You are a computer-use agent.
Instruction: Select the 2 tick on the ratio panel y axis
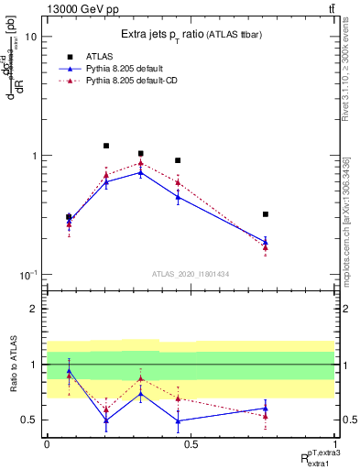[37, 310]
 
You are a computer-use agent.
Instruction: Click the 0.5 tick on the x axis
[191, 443]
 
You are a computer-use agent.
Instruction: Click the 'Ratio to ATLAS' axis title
[12, 364]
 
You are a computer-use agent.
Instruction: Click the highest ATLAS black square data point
[106, 146]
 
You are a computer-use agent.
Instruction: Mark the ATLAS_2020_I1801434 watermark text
[190, 274]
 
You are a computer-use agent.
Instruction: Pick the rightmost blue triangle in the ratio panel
[265, 409]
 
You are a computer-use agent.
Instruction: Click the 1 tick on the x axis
[334, 443]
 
